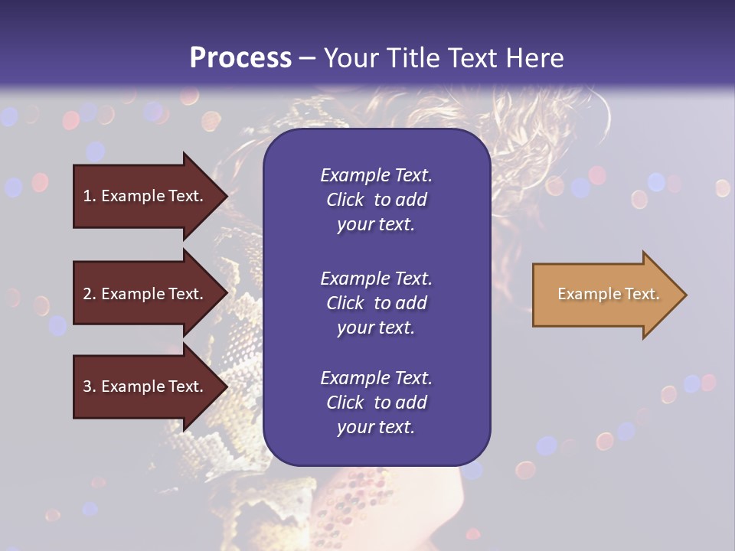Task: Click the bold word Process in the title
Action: click(240, 58)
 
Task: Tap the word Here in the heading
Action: click(534, 58)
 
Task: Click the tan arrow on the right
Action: click(605, 295)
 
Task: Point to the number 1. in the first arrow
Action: click(90, 197)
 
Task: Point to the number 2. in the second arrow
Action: click(90, 294)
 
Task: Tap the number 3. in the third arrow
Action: click(90, 387)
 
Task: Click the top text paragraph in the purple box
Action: click(376, 200)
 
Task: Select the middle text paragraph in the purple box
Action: click(376, 303)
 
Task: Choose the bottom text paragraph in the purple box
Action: click(376, 403)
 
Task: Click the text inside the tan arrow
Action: click(608, 295)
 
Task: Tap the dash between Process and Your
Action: click(307, 58)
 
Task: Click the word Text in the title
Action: click(474, 58)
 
